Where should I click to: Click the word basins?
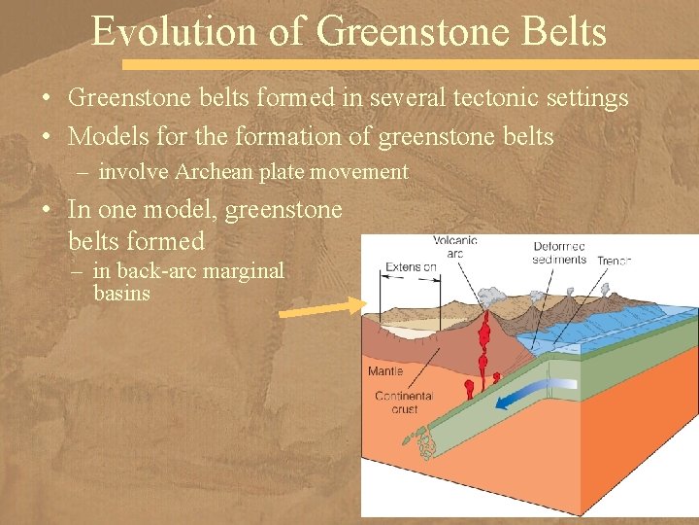click(121, 293)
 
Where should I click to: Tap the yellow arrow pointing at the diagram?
click(321, 308)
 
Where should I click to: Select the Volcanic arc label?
click(454, 248)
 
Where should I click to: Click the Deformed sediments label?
click(560, 253)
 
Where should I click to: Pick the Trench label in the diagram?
click(615, 261)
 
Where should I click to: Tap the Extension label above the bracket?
click(411, 267)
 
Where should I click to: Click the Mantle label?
click(385, 371)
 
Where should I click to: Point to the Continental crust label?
click(404, 402)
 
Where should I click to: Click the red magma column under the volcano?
click(482, 350)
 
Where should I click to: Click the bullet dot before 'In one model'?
click(46, 210)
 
